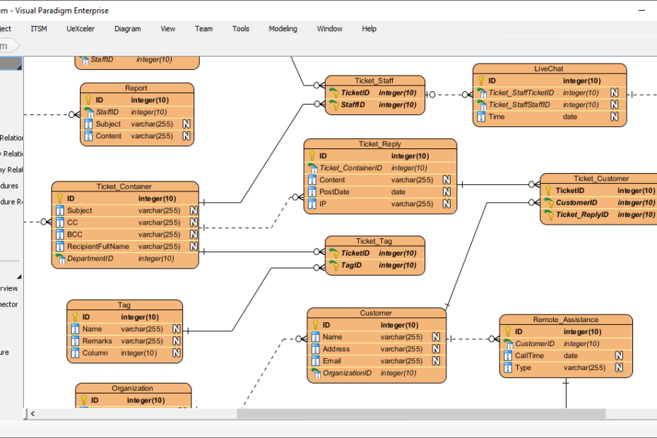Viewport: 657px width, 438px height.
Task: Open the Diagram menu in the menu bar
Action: click(x=127, y=29)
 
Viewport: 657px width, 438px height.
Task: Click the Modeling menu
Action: click(x=283, y=29)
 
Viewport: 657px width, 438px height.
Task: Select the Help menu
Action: click(x=369, y=29)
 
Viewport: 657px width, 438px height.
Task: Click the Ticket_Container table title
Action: click(x=124, y=187)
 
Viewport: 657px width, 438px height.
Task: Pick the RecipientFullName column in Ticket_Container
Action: click(x=97, y=247)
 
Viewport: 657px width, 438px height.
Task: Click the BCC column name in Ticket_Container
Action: click(x=75, y=235)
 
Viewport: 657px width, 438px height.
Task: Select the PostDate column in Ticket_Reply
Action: click(x=334, y=192)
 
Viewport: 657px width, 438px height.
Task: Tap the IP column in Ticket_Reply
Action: click(x=324, y=204)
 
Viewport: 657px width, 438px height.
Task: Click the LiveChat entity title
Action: click(x=549, y=69)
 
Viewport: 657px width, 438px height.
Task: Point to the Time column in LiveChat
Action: click(x=497, y=117)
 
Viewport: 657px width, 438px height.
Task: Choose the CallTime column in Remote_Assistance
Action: click(x=529, y=356)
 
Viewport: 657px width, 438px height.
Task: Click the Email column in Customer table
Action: click(x=332, y=361)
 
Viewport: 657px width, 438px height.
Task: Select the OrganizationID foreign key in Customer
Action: click(x=347, y=373)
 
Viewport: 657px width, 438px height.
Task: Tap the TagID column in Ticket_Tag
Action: click(x=351, y=265)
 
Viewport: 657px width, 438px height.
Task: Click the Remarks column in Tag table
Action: click(x=97, y=341)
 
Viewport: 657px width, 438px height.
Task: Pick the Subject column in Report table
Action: click(x=108, y=124)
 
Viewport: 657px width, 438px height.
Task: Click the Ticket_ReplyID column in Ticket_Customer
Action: click(x=582, y=215)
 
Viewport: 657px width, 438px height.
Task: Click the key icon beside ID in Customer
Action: click(x=315, y=325)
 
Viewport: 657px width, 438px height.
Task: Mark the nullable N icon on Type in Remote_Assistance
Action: click(x=619, y=368)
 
